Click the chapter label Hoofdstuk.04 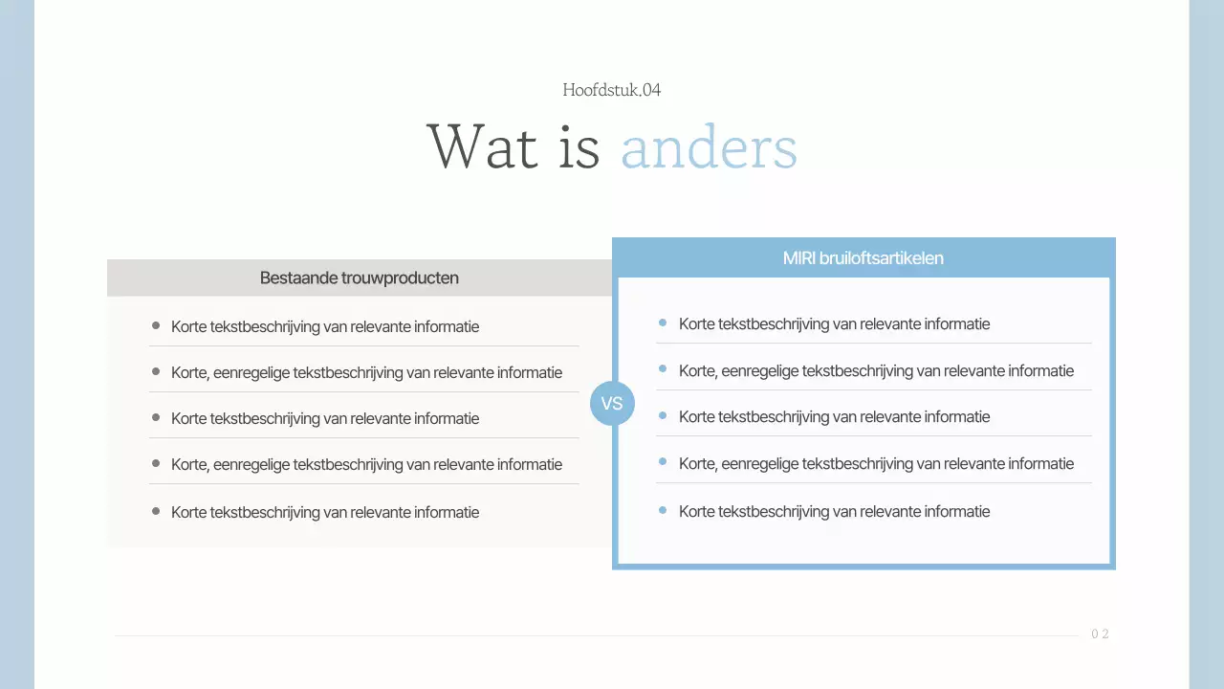pyautogui.click(x=612, y=90)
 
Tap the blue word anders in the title pyautogui.click(x=709, y=148)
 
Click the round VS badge pyautogui.click(x=612, y=403)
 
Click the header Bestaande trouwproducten pyautogui.click(x=360, y=278)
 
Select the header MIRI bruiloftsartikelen pyautogui.click(x=863, y=258)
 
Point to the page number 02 pyautogui.click(x=1100, y=634)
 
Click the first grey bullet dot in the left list pyautogui.click(x=156, y=325)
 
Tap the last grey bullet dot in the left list pyautogui.click(x=156, y=511)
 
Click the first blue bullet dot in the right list pyautogui.click(x=663, y=322)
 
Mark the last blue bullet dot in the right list pyautogui.click(x=663, y=510)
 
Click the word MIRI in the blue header pyautogui.click(x=799, y=258)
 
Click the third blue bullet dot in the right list pyautogui.click(x=663, y=415)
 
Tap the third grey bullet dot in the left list pyautogui.click(x=156, y=417)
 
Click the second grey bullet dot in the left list pyautogui.click(x=156, y=371)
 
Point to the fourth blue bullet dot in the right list pyautogui.click(x=663, y=462)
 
